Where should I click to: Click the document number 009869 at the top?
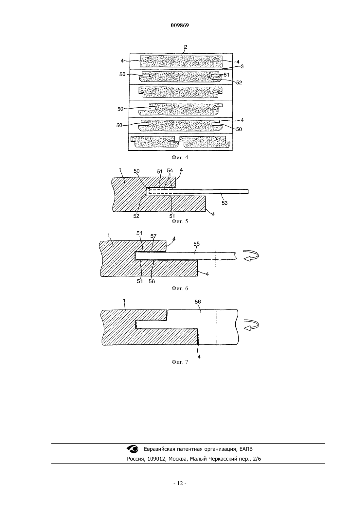coord(180,26)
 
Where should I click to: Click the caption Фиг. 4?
coord(180,157)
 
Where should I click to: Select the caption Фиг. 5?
coord(180,221)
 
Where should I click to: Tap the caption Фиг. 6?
coord(180,289)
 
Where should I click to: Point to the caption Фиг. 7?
coord(180,362)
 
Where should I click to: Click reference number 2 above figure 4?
coord(186,47)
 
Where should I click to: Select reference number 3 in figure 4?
coord(242,66)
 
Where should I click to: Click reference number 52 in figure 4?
coord(239,82)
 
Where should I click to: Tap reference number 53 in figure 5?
coord(225,203)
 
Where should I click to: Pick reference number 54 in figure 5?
coord(170,171)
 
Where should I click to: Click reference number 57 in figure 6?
coord(153,236)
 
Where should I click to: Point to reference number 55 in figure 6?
coord(197,244)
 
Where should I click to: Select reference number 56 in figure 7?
coord(198,302)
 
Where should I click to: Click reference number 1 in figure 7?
coord(124,301)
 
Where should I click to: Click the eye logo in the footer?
coord(133,449)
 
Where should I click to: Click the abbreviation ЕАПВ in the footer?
coord(246,449)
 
